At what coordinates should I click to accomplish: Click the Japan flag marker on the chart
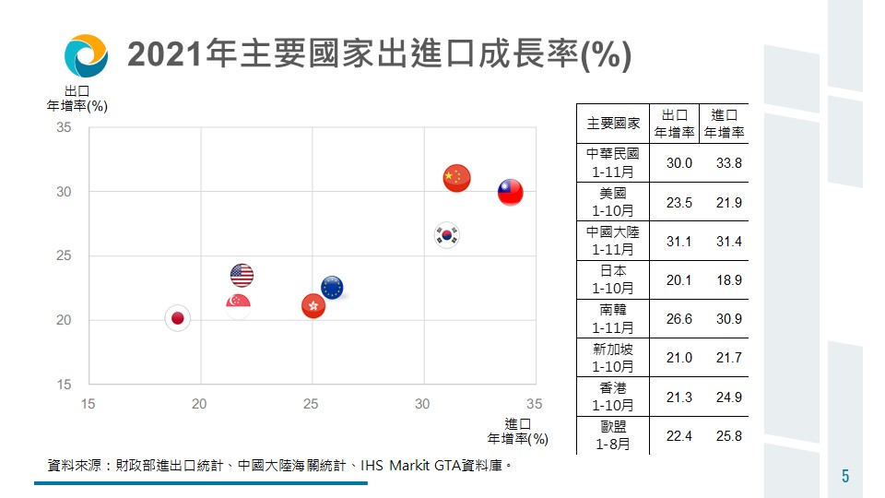point(178,318)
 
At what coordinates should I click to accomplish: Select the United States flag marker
point(242,275)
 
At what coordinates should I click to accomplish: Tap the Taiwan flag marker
point(510,192)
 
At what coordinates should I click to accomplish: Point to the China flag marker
point(456,177)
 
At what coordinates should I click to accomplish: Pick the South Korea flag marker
point(447,234)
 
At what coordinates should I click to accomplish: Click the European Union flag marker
point(332,288)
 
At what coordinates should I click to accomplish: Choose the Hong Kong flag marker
point(313,306)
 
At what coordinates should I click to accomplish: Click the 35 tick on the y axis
point(64,127)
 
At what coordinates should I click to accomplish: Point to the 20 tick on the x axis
point(199,404)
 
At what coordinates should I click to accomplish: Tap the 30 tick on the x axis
point(423,404)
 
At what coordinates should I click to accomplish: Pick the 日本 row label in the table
point(613,279)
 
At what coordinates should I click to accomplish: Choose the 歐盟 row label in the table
point(613,435)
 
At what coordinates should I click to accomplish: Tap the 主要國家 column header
point(613,123)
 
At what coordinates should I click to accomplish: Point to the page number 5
point(845,476)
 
